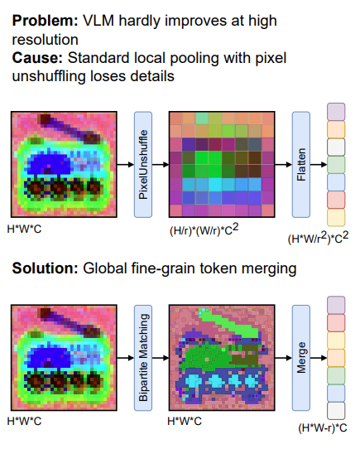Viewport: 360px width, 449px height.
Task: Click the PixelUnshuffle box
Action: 143,164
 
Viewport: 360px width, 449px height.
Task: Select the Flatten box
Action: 301,164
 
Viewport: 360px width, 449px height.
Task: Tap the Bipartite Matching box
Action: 143,358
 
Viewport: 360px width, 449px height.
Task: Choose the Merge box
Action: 301,358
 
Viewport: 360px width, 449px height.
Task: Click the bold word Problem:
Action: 45,21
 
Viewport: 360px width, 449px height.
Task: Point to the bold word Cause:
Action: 37,58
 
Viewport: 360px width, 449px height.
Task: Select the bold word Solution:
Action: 45,268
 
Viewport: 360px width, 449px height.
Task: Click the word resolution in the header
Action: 46,40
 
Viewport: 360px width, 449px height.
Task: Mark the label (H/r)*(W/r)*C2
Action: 204,229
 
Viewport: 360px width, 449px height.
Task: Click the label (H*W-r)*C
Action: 323,427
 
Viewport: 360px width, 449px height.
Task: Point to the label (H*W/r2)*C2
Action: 319,238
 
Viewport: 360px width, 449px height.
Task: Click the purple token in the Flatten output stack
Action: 336,112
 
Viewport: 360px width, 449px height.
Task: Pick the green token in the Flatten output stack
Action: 336,165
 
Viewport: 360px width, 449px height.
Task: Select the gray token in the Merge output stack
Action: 336,411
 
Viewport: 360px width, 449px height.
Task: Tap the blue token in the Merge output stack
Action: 336,393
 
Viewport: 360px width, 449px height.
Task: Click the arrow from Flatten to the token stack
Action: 319,164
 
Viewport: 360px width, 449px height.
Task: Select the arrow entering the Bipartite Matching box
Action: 126,358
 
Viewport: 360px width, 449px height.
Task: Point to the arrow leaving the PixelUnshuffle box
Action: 161,164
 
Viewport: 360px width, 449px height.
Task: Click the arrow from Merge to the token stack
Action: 319,358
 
